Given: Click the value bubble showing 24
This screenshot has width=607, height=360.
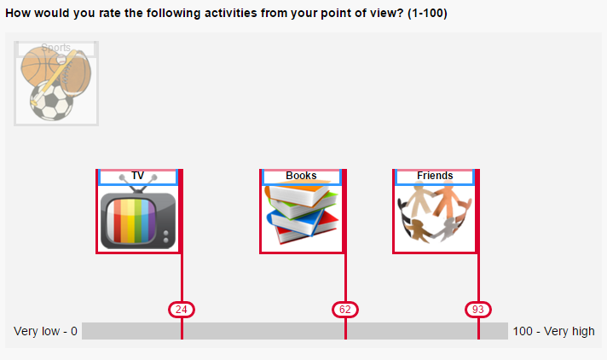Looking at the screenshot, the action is coord(182,310).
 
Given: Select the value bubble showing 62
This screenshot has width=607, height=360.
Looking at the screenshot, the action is coord(345,310).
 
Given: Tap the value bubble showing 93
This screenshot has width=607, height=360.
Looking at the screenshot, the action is coord(478,310).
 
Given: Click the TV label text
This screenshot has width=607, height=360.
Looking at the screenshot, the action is coord(137,176).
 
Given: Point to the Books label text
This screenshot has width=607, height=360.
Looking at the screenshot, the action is coord(301,176).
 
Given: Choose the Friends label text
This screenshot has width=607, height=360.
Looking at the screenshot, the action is coord(435,176).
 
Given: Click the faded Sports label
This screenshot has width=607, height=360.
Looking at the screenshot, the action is coord(55,48).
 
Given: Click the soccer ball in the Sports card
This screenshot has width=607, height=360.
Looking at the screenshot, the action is coord(51,101).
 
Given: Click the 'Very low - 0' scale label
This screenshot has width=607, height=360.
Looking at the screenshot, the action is coord(45,331).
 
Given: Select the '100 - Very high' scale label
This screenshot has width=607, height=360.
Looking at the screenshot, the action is coord(553,331).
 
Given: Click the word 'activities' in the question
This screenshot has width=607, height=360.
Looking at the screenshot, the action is coord(224,13).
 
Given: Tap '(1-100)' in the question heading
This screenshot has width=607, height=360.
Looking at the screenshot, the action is coord(427,13).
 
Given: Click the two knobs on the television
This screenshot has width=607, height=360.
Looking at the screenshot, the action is coord(166,237).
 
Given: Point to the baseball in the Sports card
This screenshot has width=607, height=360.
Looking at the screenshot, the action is coord(61,60).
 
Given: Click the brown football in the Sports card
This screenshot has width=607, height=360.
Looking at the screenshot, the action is coord(76,73).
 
